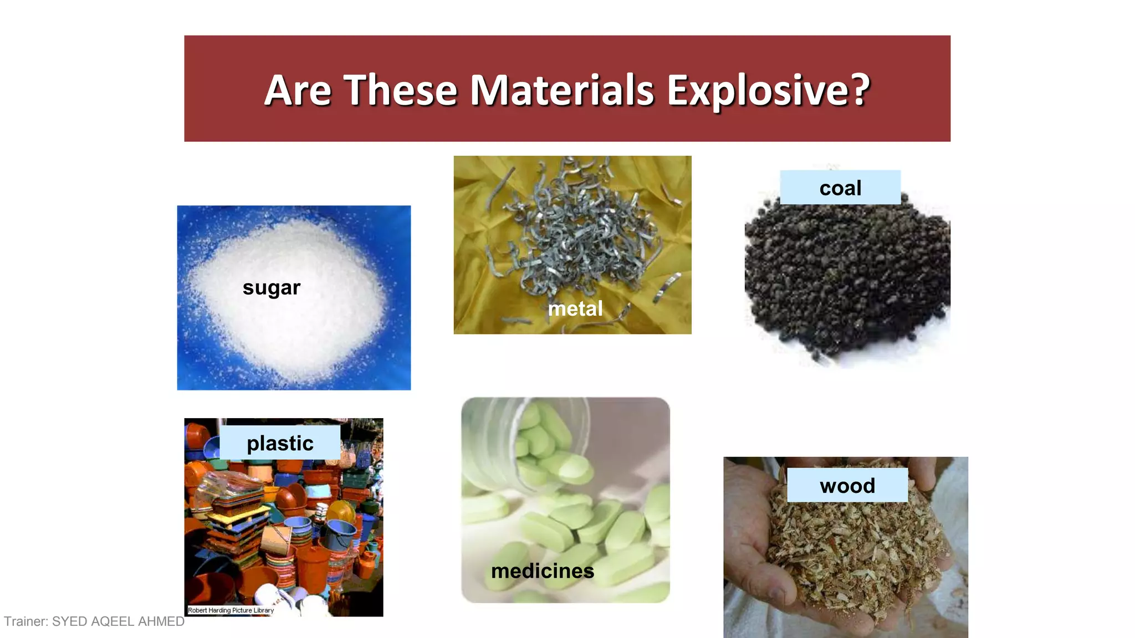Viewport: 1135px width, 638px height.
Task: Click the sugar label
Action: pos(272,287)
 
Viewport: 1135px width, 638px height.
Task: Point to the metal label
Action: pos(575,308)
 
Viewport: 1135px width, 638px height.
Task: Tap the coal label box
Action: pos(840,188)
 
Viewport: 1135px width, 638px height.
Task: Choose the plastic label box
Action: pos(280,443)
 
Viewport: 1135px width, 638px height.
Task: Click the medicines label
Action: pos(542,571)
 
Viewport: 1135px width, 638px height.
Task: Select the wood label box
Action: pos(847,486)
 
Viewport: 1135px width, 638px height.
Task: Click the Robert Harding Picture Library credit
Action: pos(231,610)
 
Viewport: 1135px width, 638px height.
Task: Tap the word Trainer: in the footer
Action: pos(26,621)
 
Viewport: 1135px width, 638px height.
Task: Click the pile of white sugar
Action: pos(299,332)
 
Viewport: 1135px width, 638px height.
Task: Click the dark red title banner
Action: pos(567,127)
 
